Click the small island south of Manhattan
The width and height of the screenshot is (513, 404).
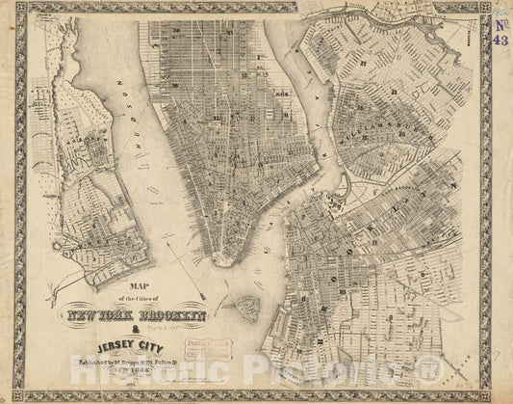(x=246, y=308)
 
